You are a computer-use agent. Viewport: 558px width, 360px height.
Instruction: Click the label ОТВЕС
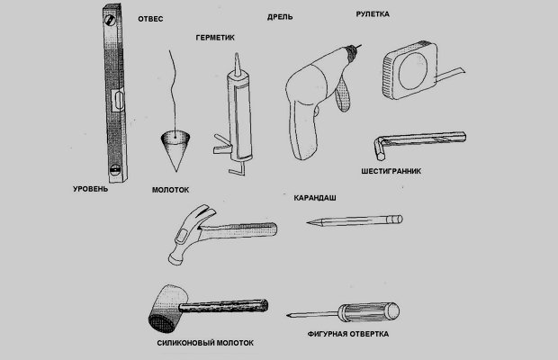point(150,19)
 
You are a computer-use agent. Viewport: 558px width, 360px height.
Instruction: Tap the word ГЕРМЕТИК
point(215,38)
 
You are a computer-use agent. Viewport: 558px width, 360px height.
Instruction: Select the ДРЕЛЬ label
point(280,17)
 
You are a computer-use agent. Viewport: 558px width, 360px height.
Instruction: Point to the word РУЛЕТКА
point(373,14)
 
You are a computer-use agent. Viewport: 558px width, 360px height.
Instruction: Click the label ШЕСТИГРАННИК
point(391,171)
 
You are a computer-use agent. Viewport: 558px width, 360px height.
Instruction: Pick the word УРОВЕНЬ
point(90,189)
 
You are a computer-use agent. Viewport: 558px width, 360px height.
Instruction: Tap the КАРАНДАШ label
point(315,198)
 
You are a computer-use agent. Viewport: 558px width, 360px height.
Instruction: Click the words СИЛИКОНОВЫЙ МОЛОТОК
point(205,343)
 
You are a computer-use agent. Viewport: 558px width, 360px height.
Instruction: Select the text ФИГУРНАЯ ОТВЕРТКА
point(348,334)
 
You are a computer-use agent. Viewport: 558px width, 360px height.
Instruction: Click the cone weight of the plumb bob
point(175,148)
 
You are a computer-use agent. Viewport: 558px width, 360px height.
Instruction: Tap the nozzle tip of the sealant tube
point(237,57)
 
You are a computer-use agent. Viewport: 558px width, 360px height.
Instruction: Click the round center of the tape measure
point(413,72)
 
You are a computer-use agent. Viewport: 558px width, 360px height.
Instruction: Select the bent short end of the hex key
point(378,148)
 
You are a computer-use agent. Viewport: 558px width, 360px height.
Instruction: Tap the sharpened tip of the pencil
point(308,223)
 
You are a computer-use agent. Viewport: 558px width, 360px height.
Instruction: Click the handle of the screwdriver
point(368,312)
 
